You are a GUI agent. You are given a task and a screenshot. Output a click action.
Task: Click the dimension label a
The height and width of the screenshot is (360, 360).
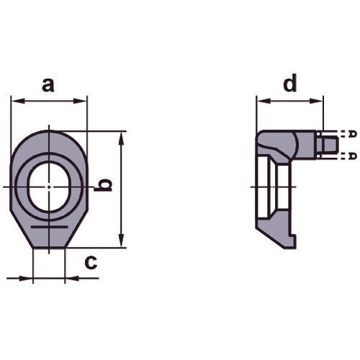pyautogui.click(x=48, y=85)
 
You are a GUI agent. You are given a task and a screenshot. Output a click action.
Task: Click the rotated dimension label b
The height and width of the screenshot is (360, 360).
pyautogui.click(x=105, y=185)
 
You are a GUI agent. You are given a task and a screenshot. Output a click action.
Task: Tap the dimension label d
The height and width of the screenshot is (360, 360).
pyautogui.click(x=289, y=84)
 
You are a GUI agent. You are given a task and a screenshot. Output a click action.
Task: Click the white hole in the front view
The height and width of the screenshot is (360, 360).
pyautogui.click(x=48, y=186)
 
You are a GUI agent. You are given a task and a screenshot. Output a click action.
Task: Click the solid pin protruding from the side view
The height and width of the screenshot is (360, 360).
pyautogui.click(x=328, y=144)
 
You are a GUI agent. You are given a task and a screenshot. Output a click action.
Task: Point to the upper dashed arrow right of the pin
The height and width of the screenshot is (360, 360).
pyautogui.click(x=351, y=134)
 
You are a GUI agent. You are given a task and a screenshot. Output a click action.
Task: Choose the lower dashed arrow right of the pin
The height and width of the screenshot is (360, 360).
pyautogui.click(x=351, y=155)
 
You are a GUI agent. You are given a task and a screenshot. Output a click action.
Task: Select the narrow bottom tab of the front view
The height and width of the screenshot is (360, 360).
pyautogui.click(x=49, y=240)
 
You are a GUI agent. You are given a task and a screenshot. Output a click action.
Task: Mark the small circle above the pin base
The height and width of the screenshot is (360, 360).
pyautogui.click(x=319, y=133)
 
